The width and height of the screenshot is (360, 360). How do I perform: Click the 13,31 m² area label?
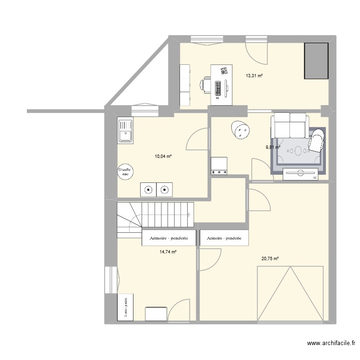(x=254, y=75)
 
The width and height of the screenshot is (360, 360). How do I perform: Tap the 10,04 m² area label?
(x=163, y=156)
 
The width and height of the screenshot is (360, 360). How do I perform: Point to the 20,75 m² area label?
(x=270, y=259)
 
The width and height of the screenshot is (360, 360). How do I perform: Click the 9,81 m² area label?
(x=273, y=147)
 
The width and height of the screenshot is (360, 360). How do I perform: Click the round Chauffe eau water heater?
(x=126, y=172)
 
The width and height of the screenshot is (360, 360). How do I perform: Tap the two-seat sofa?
(x=289, y=125)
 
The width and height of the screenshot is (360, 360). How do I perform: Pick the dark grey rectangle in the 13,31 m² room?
(x=316, y=60)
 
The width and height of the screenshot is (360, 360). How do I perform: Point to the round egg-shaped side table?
(x=241, y=130)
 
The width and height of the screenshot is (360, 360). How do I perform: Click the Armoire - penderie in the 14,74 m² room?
(x=168, y=239)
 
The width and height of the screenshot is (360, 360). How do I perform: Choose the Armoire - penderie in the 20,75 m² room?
(x=224, y=239)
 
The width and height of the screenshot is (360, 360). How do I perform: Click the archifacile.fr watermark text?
(x=331, y=343)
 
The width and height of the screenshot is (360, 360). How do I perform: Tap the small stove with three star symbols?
(x=219, y=166)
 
